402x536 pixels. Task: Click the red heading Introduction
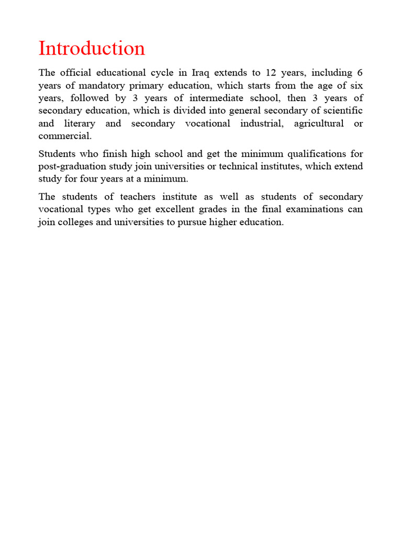(92, 48)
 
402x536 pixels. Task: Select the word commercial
(65, 136)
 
